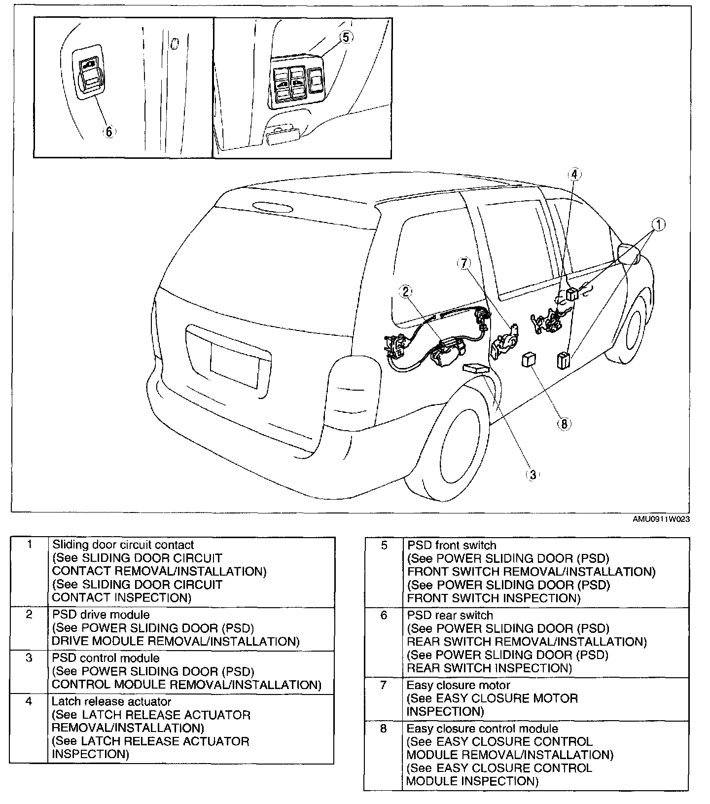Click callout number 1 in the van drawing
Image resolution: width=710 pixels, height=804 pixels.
point(658,225)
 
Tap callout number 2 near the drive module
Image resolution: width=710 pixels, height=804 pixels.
point(406,292)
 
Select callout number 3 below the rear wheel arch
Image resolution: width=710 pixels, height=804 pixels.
point(532,475)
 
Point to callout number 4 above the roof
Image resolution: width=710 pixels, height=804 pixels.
point(574,174)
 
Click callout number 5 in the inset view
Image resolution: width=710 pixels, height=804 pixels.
point(347,37)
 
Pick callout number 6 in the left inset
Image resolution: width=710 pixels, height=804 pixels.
point(108,131)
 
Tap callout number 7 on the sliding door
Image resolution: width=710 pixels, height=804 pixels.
point(464,263)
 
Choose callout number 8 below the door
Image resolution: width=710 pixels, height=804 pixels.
point(565,423)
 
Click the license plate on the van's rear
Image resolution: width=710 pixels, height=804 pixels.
point(234,364)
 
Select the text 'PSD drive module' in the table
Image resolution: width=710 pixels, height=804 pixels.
point(101,615)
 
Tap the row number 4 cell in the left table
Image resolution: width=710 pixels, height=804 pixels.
point(29,701)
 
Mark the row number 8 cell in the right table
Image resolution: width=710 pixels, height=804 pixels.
point(384,729)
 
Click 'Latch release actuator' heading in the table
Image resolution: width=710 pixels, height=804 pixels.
point(111,701)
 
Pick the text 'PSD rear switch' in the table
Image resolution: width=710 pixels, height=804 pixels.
point(450,615)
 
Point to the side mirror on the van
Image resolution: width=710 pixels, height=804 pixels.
point(629,253)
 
